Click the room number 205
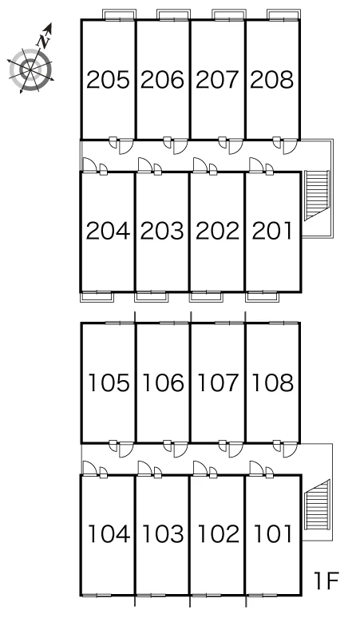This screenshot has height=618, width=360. coord(108,80)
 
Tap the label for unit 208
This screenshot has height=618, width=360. coord(271,80)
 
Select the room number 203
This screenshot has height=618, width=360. coord(162,231)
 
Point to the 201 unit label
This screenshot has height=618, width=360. coord(271,231)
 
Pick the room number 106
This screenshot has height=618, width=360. coord(163,382)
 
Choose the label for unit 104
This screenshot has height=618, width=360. coord(109,533)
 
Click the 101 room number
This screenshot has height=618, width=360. coord(272,533)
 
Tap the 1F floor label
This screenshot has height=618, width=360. coord(326,580)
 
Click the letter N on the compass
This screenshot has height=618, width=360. coord(43,41)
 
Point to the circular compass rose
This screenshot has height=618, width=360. coord(30,70)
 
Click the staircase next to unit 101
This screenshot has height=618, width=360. coord(316,505)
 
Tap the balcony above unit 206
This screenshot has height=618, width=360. coord(174,14)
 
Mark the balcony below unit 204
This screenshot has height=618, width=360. coord(97,297)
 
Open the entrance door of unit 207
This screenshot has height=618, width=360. coord(235,146)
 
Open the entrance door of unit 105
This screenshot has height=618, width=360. coord(125,450)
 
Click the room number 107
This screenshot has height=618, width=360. coord(217,382)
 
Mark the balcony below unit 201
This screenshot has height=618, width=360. coord(263,297)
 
